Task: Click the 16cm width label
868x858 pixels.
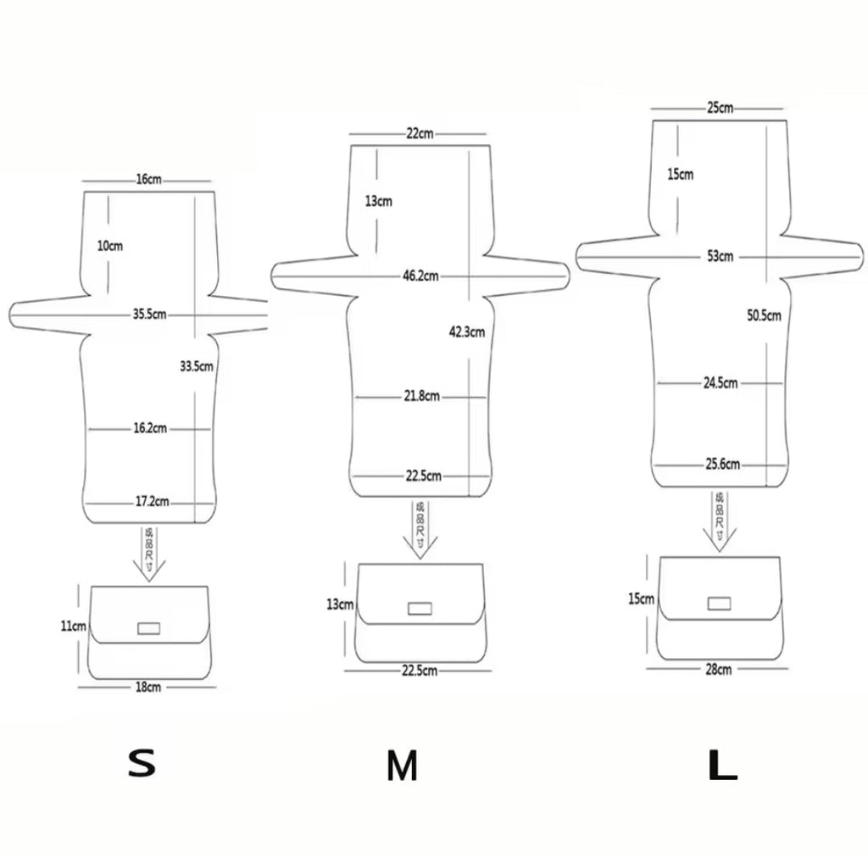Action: point(147,180)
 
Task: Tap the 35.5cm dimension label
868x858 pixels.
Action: point(149,315)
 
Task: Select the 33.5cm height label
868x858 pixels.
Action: point(196,367)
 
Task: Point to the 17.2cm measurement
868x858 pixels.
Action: point(153,503)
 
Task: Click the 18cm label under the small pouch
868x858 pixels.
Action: point(148,687)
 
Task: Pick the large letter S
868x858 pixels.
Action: point(142,763)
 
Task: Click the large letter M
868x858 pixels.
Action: point(402,766)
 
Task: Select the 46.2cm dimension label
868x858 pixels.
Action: point(420,276)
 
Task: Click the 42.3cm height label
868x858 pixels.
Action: point(466,332)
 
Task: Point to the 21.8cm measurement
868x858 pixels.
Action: point(422,396)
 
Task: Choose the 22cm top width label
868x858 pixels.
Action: point(419,133)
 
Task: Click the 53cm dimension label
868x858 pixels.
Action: point(720,256)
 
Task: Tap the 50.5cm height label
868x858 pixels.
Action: point(764,315)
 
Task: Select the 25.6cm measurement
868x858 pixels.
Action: point(721,464)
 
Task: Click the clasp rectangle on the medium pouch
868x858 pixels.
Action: point(420,608)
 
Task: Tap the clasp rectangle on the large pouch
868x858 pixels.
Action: point(720,604)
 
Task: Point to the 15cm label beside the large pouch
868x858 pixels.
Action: point(642,599)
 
